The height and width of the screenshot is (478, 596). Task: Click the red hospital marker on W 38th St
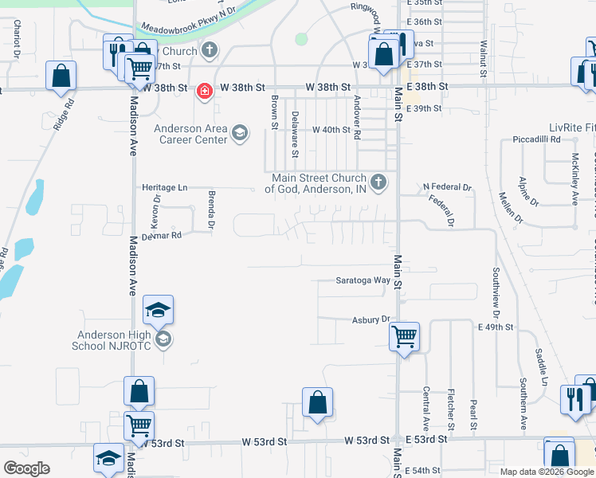[205, 91]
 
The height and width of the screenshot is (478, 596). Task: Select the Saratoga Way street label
[363, 280]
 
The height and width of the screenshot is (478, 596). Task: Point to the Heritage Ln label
[165, 187]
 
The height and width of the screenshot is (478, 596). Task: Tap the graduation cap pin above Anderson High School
[159, 309]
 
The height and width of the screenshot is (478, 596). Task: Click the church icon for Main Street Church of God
[378, 183]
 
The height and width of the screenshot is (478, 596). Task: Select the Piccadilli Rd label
[537, 139]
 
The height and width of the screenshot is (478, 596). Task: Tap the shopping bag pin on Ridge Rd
[61, 76]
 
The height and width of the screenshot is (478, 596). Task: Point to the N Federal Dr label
[447, 188]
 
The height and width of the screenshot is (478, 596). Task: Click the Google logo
[26, 468]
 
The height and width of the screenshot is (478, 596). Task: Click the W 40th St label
[331, 129]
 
